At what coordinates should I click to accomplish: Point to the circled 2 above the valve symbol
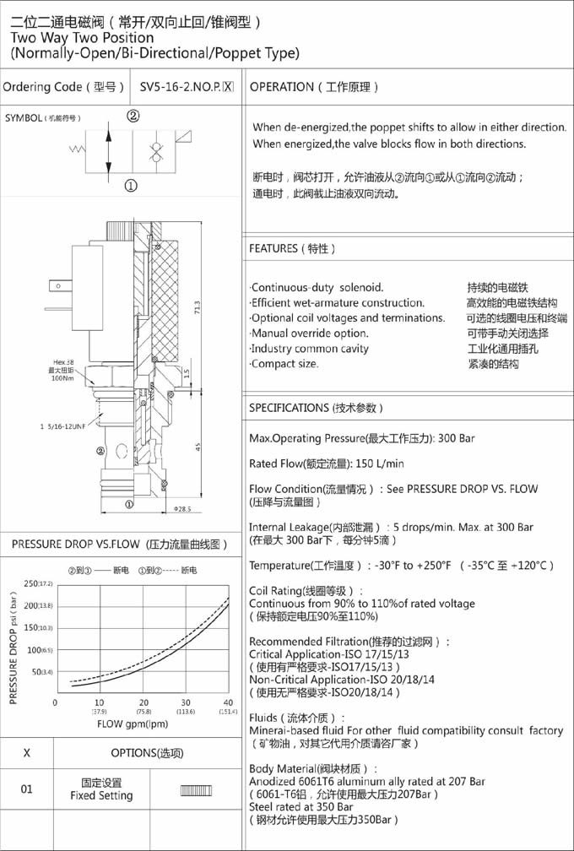coord(133,117)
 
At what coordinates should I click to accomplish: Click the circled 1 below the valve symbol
coord(131,186)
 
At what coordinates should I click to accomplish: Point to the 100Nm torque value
coord(63,378)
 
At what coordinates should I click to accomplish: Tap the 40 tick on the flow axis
coord(228,702)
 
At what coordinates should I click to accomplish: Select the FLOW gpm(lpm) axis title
coord(133,724)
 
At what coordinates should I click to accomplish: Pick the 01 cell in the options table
coord(27,789)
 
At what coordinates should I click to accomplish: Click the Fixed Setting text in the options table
coord(101,795)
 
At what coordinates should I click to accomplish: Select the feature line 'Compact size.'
coord(285,364)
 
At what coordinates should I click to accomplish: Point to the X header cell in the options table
coord(27,753)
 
